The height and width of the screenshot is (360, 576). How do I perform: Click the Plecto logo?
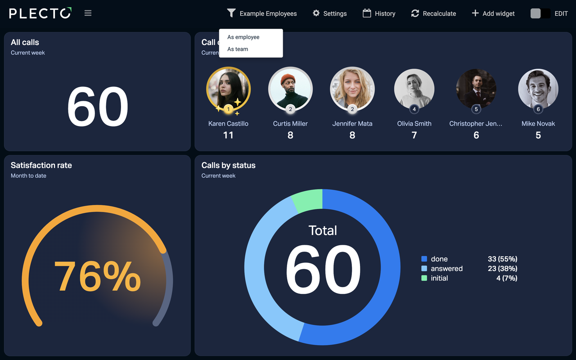(40, 13)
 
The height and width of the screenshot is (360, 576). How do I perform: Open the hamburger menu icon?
(88, 13)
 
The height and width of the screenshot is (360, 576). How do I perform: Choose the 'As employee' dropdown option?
(243, 37)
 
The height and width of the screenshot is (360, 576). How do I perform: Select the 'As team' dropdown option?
(238, 49)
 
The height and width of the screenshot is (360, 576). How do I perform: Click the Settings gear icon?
(316, 13)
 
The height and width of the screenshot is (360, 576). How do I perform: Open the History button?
(379, 13)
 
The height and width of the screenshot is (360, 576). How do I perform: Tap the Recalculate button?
(433, 13)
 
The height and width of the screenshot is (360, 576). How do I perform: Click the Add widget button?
(493, 13)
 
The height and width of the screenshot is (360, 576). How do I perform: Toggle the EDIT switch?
(540, 13)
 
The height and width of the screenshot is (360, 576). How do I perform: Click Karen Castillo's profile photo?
(228, 88)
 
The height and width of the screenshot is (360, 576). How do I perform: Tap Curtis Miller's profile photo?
(290, 88)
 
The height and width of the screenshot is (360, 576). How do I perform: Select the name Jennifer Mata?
(352, 124)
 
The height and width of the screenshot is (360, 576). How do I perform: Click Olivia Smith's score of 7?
(414, 135)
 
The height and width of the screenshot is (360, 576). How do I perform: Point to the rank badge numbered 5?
(476, 109)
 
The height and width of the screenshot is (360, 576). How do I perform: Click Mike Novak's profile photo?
(538, 88)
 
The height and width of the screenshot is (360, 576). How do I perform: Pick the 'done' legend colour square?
(424, 259)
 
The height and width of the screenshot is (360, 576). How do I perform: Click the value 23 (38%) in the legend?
(502, 269)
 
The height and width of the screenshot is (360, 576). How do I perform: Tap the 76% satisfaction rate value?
(97, 276)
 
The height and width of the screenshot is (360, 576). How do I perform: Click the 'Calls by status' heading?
(228, 165)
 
